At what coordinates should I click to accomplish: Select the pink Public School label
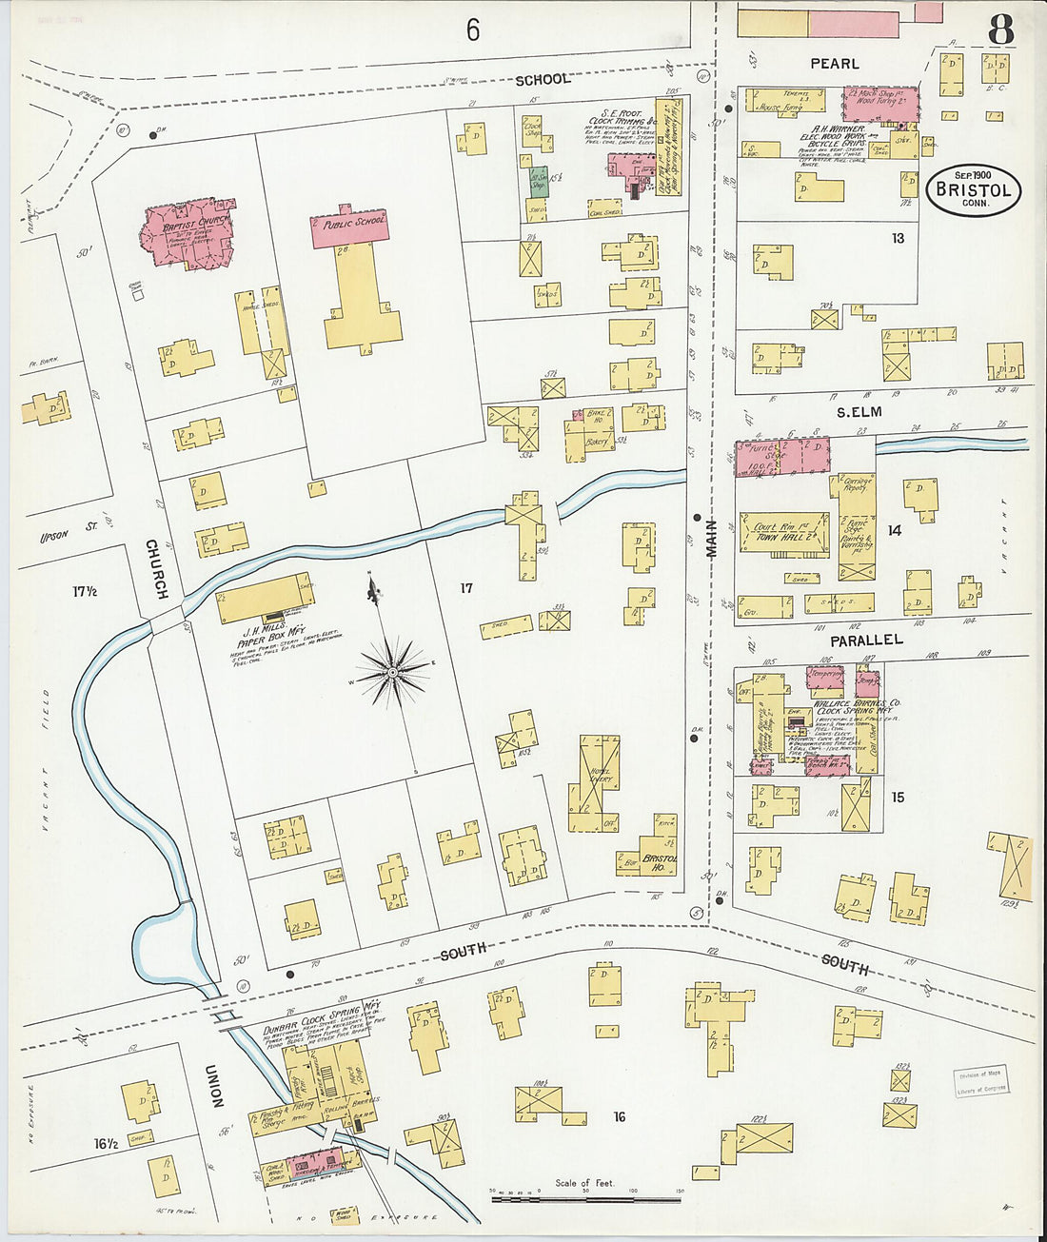coord(349,226)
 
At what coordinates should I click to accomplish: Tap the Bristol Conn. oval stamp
coord(973,190)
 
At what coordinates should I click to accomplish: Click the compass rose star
coord(392,673)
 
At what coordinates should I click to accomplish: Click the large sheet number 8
coord(999,30)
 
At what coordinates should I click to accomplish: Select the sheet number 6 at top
coord(473,30)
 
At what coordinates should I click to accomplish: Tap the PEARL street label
coord(834,64)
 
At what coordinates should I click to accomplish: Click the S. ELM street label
coord(859,412)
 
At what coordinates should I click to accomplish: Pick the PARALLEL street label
coord(865,640)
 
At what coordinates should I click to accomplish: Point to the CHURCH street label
coord(156,568)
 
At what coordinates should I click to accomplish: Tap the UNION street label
coord(215,1085)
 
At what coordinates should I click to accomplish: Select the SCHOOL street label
coord(543,79)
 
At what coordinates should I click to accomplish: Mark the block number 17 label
coord(465,588)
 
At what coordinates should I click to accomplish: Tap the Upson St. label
coord(54,536)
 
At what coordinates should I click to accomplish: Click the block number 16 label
coord(619,1116)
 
